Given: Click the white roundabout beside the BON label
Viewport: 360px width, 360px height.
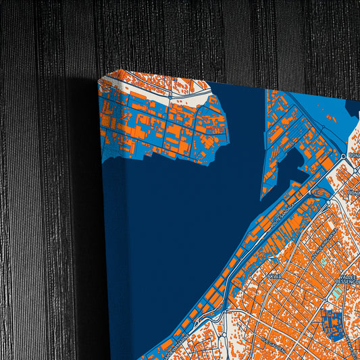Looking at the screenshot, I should tap(344, 156).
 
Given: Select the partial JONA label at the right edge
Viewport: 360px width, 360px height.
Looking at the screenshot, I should tap(354, 192).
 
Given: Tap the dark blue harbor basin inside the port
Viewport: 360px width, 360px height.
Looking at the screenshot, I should tap(293, 165).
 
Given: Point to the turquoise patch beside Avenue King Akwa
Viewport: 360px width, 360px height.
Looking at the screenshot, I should tap(324, 259).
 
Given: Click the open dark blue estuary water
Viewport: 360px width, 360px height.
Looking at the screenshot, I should tap(182, 223).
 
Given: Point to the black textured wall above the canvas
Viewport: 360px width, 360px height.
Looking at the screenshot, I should tap(203, 34).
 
